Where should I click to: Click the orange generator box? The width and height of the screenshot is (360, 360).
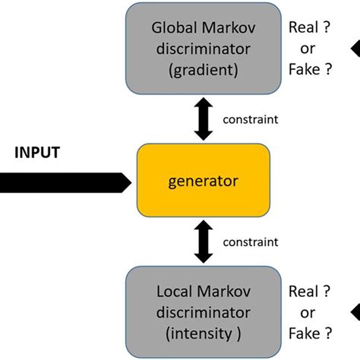(203, 181)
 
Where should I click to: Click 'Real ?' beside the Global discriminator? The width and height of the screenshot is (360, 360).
(309, 29)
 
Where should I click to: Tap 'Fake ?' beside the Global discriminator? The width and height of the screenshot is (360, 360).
(310, 71)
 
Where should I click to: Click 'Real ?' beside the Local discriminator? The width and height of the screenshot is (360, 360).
(309, 292)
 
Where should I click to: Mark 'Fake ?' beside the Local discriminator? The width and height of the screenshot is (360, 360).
(310, 333)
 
